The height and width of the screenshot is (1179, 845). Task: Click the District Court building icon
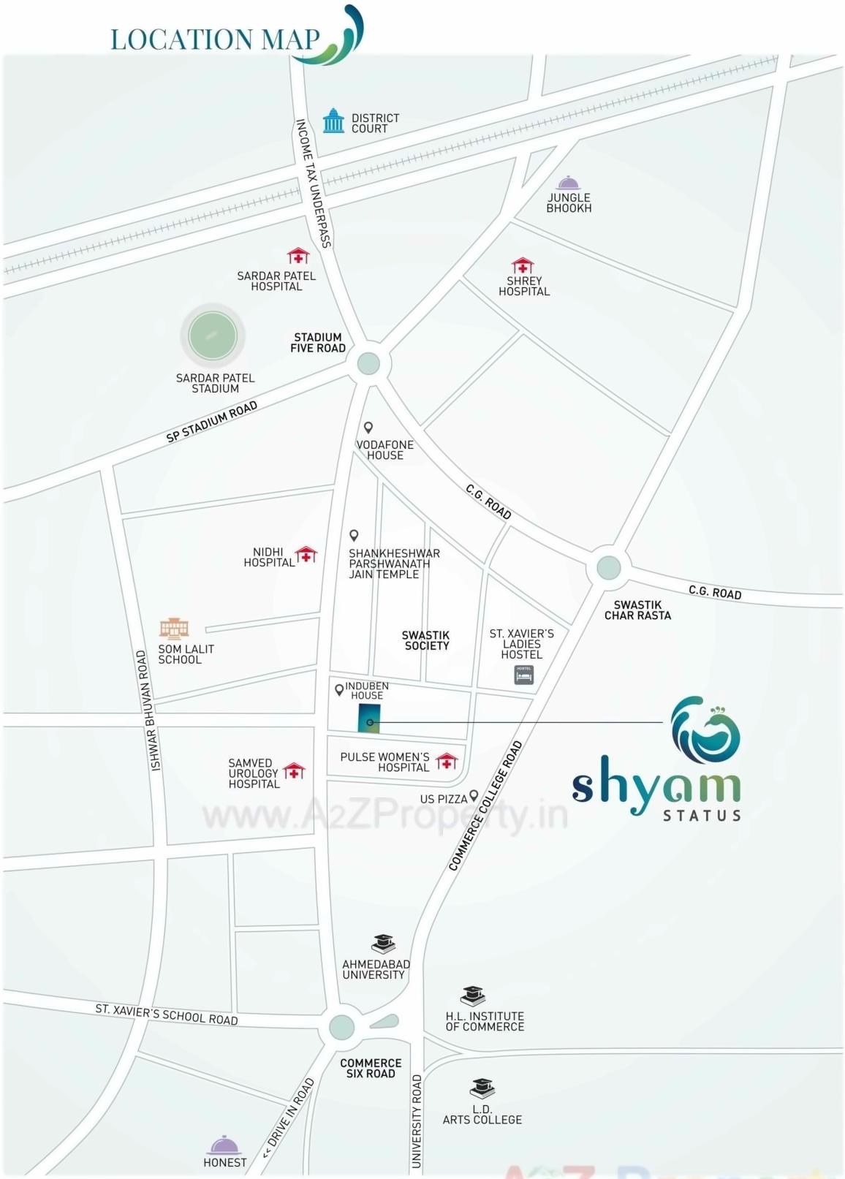[333, 121]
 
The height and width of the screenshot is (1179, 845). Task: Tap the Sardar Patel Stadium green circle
[213, 336]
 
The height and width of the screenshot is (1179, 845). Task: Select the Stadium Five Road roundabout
[368, 363]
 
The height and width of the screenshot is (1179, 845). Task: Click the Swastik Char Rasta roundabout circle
[608, 567]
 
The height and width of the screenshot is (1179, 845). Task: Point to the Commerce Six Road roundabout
[342, 1027]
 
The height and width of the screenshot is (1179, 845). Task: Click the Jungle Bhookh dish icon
[568, 183]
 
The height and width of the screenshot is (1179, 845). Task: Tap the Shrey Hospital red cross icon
[523, 265]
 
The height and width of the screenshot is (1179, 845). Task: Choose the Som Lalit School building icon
[174, 627]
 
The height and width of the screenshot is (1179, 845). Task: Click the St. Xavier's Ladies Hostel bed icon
[524, 674]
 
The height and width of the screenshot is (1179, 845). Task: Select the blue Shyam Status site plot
[369, 718]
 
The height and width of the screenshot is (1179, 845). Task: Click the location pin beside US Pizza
[474, 795]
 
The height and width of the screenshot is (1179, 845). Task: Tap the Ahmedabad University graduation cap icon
[383, 944]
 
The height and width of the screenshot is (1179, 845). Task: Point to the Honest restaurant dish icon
[224, 1145]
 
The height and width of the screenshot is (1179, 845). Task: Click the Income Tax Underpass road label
[314, 183]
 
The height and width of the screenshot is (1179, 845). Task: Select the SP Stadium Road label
[212, 422]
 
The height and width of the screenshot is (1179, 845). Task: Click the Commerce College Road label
[485, 806]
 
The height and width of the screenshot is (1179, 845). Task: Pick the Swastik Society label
[426, 640]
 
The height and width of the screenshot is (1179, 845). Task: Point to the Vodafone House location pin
[368, 428]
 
